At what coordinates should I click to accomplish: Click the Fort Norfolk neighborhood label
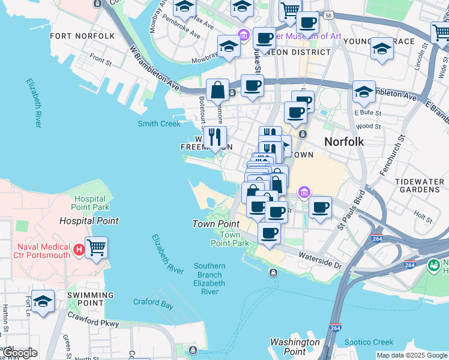coord(82,36)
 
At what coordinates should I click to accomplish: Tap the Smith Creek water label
coord(158,124)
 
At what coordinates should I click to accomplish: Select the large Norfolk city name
coord(344,142)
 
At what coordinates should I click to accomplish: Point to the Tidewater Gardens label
coord(420,186)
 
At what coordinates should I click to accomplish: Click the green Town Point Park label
coord(229,239)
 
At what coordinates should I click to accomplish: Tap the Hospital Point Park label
coord(91,203)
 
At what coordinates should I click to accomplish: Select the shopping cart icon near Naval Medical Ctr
coord(96,247)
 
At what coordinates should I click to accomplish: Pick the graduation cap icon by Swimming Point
coord(43,302)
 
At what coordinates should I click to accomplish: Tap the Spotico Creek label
coord(369,343)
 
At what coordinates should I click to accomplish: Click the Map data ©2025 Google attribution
coord(412,355)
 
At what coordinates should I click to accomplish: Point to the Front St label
coord(100,59)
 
